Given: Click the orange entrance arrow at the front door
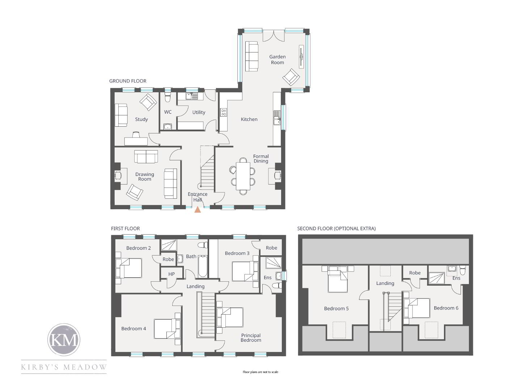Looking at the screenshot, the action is click(x=198, y=210).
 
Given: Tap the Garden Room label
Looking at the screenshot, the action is click(x=277, y=60).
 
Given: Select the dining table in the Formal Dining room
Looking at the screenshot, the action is click(x=243, y=176).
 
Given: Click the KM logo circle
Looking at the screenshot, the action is click(x=64, y=340).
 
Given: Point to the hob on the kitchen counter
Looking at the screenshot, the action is click(x=223, y=112).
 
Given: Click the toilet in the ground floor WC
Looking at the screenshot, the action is click(x=168, y=98).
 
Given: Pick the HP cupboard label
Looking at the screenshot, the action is click(x=171, y=274).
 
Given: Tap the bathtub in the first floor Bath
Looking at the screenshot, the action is click(x=203, y=266).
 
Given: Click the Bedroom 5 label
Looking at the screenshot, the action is click(x=336, y=308).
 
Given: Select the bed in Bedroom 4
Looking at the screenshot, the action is click(x=167, y=329).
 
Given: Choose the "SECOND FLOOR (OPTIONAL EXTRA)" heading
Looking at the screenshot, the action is click(x=336, y=228).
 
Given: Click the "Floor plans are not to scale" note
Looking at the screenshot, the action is click(x=260, y=372).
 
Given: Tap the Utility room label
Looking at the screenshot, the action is click(x=199, y=112).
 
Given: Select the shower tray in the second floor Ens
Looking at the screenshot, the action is click(x=436, y=278).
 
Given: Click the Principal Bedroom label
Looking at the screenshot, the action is click(x=251, y=337).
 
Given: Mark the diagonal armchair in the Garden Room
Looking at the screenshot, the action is click(x=291, y=77).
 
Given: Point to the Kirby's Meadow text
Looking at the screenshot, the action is click(x=64, y=367).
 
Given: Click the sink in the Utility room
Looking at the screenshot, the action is click(x=191, y=96).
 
